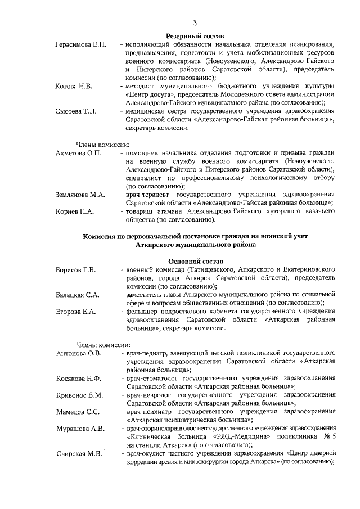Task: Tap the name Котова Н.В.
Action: tap(74, 86)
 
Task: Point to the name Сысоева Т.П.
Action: tap(76, 111)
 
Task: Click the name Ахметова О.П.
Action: tap(78, 153)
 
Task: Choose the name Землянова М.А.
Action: tap(80, 195)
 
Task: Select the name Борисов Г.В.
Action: tap(76, 270)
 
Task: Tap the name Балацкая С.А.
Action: tap(78, 295)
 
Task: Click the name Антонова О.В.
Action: tap(79, 353)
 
